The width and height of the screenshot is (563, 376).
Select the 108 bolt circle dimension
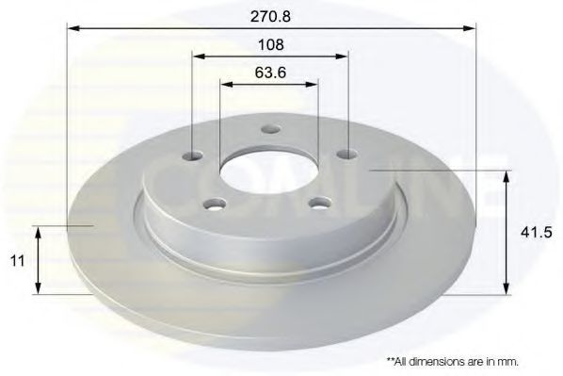click(270, 44)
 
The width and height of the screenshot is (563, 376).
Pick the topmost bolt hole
click(269, 130)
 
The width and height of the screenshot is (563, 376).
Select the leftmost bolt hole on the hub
click(194, 155)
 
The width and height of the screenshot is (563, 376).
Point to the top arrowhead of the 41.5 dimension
click(508, 175)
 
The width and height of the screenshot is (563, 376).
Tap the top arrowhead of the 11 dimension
click(38, 230)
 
